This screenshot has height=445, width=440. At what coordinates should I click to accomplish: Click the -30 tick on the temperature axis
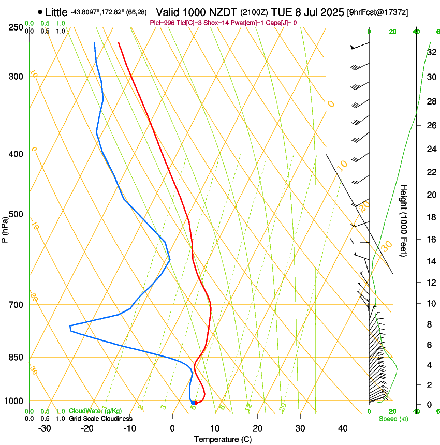[x=45, y=428]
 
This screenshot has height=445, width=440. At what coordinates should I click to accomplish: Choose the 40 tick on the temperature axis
[x=343, y=428]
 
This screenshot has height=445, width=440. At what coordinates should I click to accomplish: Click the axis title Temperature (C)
[x=223, y=439]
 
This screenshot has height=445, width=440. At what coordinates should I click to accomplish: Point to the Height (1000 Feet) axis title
[x=404, y=220]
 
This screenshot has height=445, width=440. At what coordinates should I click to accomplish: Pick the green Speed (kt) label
[x=393, y=419]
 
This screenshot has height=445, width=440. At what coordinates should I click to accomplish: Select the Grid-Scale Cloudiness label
[x=100, y=418]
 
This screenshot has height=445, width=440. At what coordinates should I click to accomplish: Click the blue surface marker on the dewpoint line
[x=193, y=403]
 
